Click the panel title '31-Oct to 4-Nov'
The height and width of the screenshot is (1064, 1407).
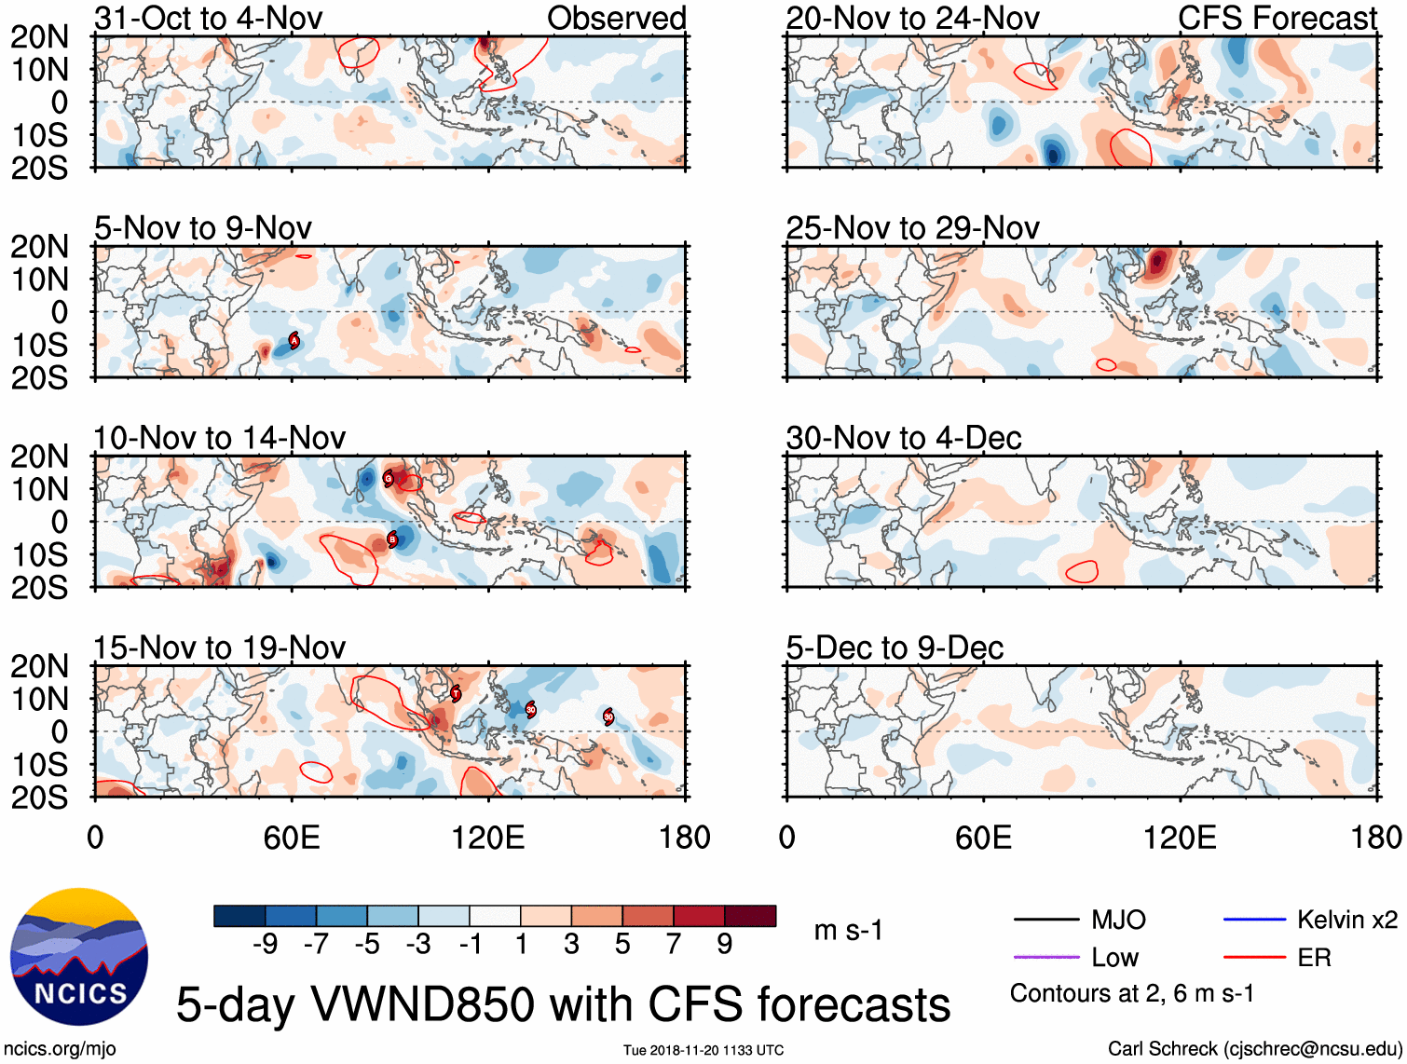point(209,18)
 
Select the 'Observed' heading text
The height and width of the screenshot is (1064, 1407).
point(616,18)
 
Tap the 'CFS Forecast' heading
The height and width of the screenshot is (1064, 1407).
point(1277,18)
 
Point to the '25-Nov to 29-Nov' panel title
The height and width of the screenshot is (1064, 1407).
point(912,228)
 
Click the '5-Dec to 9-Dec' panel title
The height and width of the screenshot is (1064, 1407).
point(895,648)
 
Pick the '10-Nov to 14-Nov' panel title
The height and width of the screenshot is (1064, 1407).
point(220,438)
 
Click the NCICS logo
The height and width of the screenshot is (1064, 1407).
point(79,957)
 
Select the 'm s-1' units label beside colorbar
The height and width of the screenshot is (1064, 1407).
point(848,930)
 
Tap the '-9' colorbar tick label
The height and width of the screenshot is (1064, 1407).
point(265,945)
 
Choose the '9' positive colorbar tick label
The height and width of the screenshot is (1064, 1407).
point(725,945)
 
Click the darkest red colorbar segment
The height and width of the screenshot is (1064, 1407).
point(750,916)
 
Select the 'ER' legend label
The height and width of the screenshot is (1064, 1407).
point(1314,958)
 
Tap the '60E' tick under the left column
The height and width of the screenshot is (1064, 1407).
point(292,838)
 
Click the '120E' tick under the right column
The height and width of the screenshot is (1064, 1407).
point(1180,838)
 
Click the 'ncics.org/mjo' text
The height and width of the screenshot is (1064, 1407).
point(60,1049)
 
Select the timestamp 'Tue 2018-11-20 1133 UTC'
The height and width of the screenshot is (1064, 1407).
point(703,1050)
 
